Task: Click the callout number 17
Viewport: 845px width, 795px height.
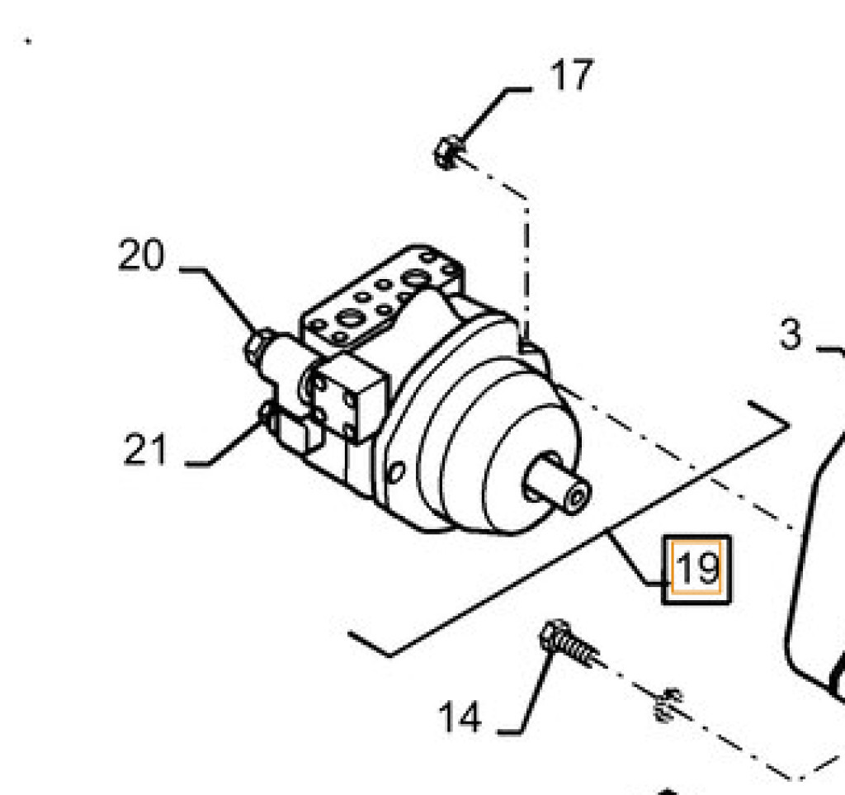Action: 572,75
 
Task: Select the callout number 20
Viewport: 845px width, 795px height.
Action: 141,254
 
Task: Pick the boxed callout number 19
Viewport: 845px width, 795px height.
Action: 696,569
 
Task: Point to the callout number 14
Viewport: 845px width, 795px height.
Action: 460,717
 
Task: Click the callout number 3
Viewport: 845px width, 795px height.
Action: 791,334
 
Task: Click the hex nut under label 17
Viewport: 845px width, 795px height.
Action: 447,153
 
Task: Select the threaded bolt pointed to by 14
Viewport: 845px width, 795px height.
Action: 569,643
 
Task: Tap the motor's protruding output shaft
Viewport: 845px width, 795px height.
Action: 558,483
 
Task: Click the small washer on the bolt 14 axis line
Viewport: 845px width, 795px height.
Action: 667,704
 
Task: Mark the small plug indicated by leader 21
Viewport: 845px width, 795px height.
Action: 267,413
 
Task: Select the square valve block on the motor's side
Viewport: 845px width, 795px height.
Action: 349,395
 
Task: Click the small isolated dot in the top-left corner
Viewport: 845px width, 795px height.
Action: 28,41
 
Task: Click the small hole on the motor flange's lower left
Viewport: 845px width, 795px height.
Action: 396,472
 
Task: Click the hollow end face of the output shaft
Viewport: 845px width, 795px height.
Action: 576,496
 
